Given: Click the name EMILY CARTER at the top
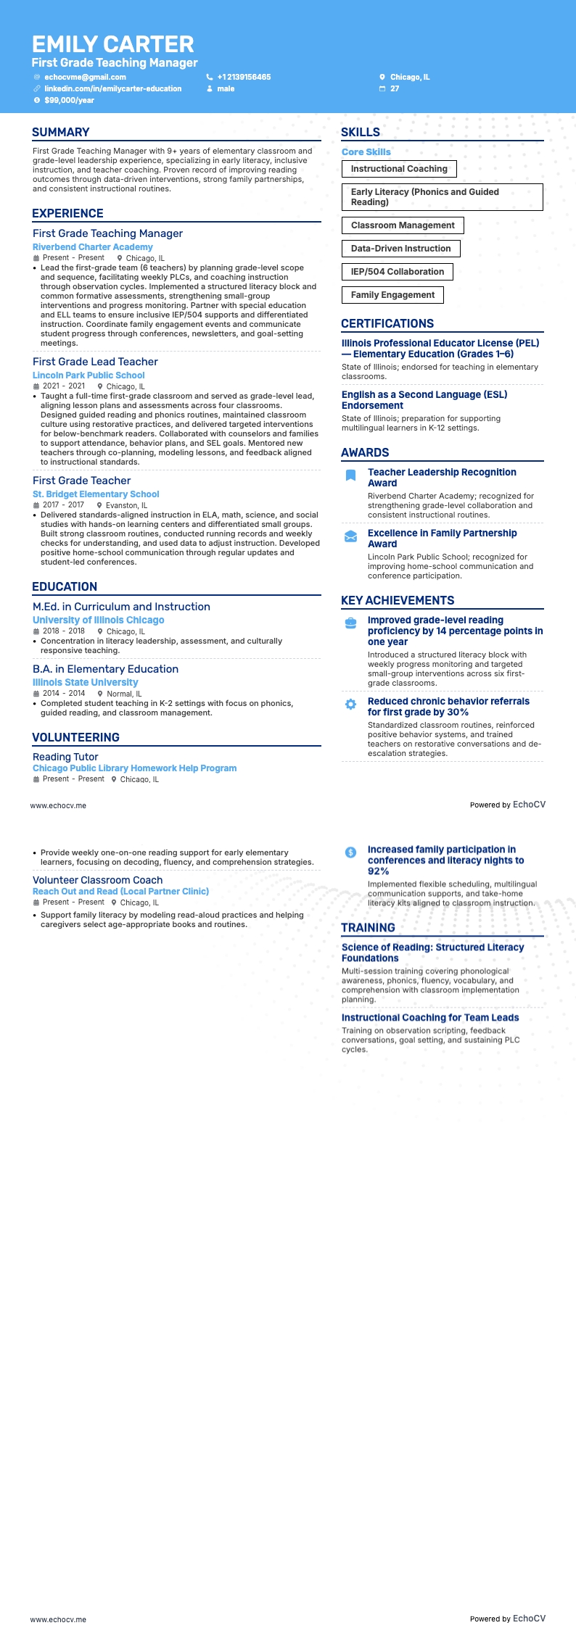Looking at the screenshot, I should pos(113,44).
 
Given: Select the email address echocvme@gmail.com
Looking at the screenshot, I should pos(85,77).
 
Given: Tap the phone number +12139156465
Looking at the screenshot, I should pos(244,77).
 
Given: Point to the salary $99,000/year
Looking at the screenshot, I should pos(69,100).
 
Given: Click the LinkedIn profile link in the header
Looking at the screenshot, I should pos(112,88).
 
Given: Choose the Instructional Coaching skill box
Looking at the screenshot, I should pos(399,169).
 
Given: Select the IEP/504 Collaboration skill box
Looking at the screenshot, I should pos(397,272).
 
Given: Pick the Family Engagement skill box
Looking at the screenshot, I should pos(392,295).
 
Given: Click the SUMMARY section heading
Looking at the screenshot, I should pos(61,132).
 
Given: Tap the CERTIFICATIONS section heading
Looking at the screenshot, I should pos(387,323).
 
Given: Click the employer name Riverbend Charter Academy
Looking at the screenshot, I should pos(93,247).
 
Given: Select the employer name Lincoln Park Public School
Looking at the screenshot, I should pos(89,375).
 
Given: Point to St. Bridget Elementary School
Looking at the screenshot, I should pos(96,494).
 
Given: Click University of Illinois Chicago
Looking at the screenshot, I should pos(98,620).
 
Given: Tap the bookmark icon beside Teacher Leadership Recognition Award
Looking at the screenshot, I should pos(350,475).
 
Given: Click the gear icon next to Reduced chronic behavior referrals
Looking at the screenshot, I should pos(350,705).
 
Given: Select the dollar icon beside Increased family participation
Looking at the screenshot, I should pos(350,852).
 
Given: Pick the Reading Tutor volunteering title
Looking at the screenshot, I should pos(65,757).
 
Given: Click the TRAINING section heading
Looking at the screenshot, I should pos(368,927).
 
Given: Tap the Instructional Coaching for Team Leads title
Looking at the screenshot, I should pos(430,1018).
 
